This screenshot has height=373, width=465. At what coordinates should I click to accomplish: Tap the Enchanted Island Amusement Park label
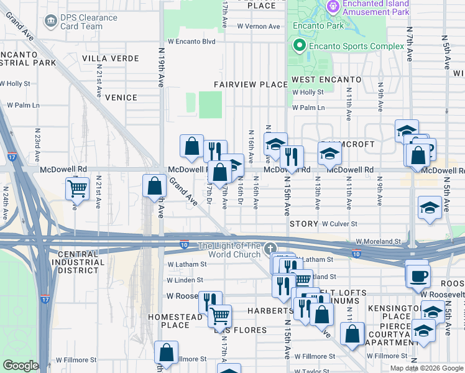pyautogui.click(x=377, y=7)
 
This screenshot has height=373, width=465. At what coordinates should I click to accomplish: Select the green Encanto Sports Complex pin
pyautogui.click(x=299, y=46)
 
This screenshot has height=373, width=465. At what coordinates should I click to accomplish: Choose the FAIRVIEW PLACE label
pyautogui.click(x=251, y=84)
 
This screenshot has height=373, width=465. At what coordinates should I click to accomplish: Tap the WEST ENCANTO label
pyautogui.click(x=326, y=80)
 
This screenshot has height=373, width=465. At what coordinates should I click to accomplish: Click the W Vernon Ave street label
pyautogui.click(x=259, y=26)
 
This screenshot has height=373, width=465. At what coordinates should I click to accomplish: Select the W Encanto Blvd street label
pyautogui.click(x=191, y=42)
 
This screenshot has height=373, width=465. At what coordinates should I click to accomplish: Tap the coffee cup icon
pyautogui.click(x=418, y=275)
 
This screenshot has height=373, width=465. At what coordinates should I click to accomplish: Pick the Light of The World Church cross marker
pyautogui.click(x=270, y=249)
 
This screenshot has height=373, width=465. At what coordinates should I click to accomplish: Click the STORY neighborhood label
pyautogui.click(x=303, y=223)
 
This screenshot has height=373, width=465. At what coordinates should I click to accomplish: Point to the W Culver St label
pyautogui.click(x=339, y=223)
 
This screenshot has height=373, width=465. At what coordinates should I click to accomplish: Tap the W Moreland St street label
pyautogui.click(x=379, y=241)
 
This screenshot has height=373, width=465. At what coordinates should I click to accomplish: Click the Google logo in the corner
pyautogui.click(x=21, y=366)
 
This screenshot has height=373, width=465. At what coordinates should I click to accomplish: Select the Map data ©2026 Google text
pyautogui.click(x=426, y=368)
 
